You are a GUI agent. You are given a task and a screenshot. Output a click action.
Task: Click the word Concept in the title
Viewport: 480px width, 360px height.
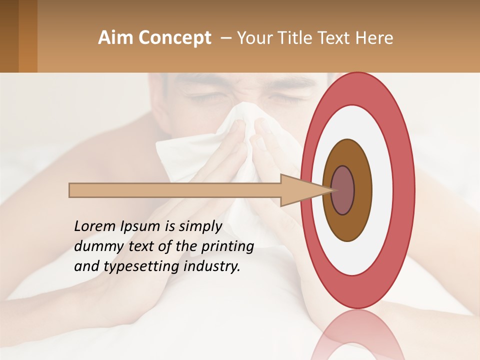click(x=173, y=38)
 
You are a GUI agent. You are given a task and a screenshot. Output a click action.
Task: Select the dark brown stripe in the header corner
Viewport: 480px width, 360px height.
click(x=9, y=36)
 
